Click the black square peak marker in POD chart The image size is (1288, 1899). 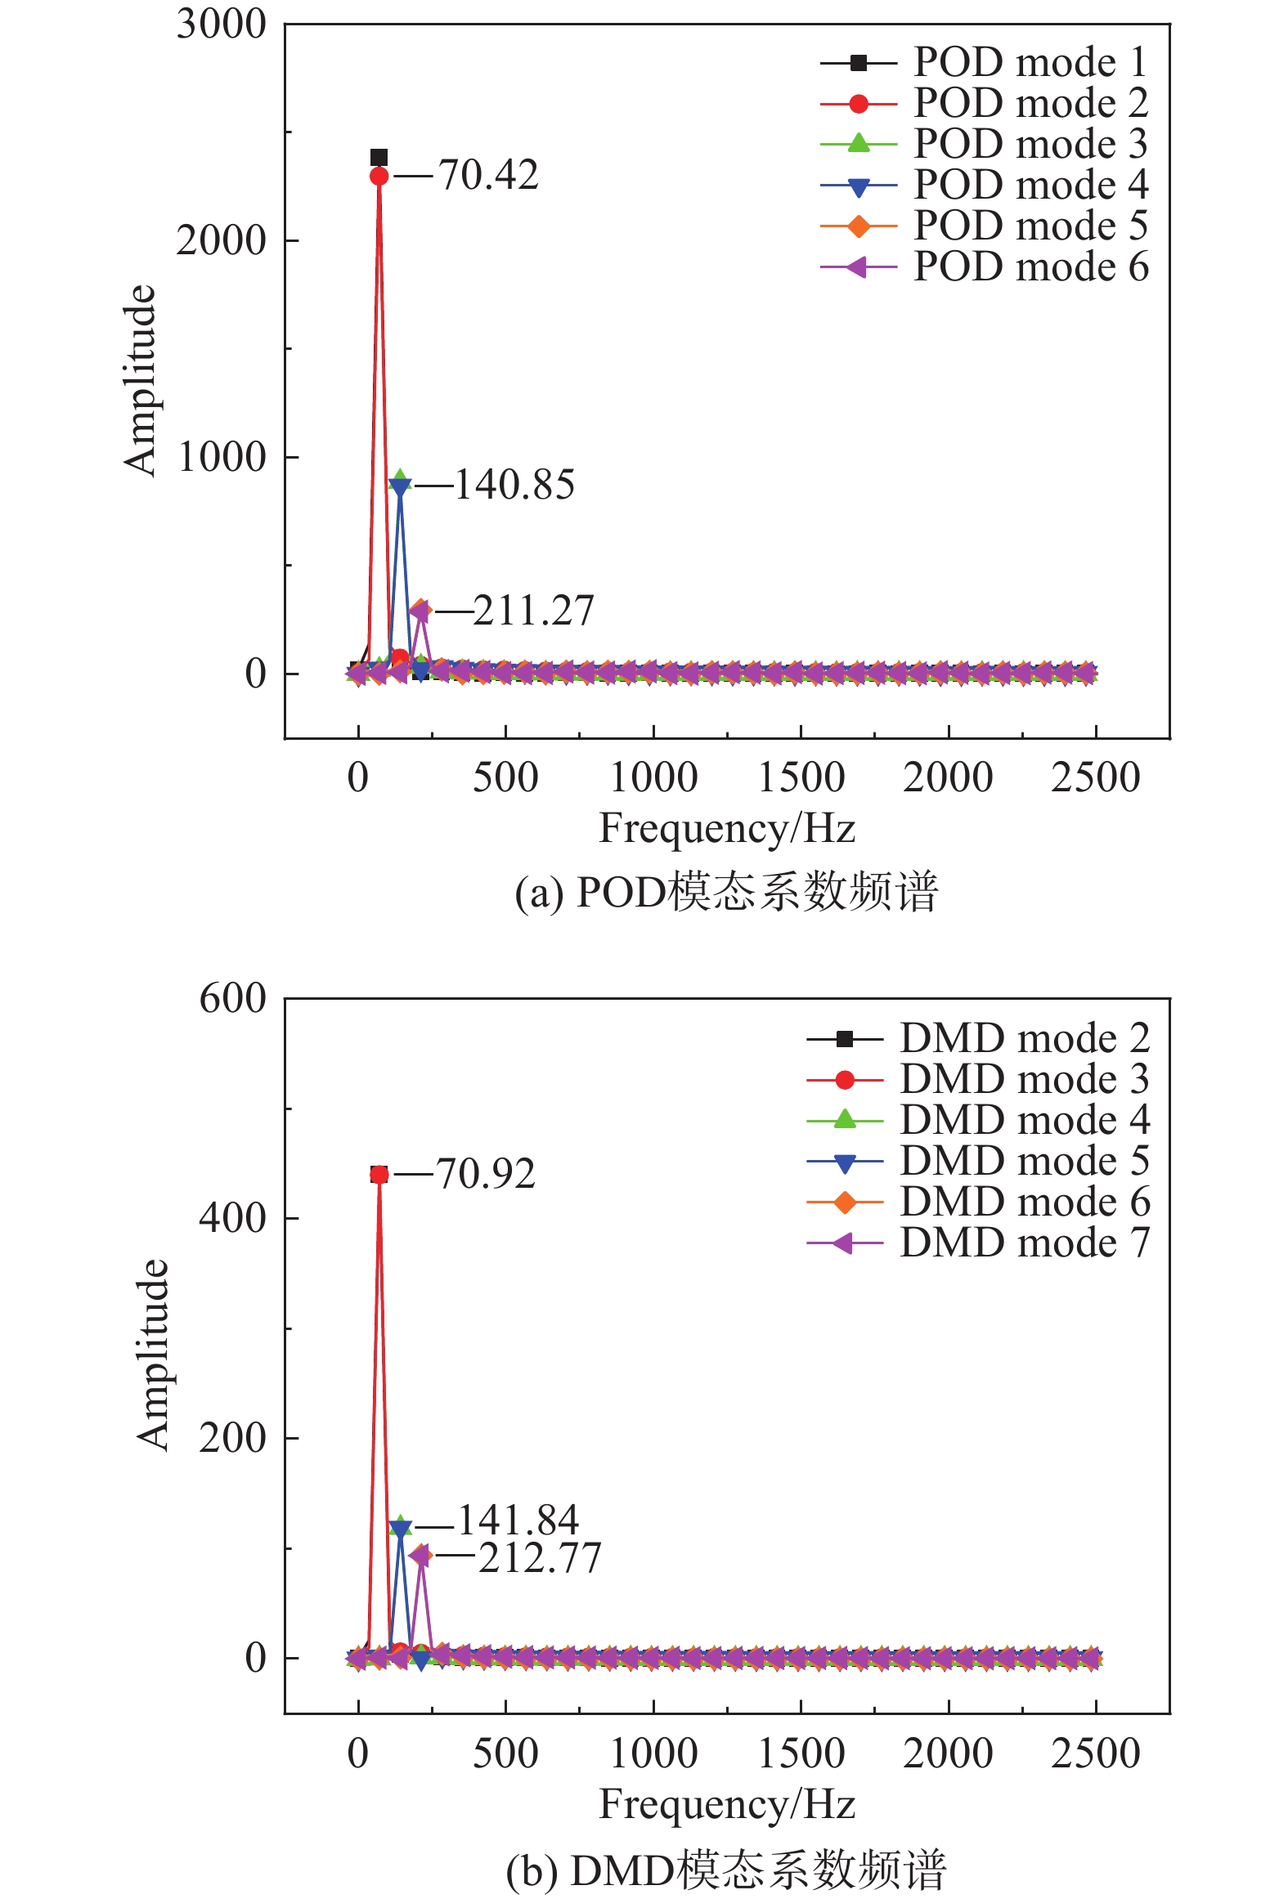click(379, 157)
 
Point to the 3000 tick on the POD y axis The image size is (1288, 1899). click(222, 25)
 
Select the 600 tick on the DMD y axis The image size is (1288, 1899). click(233, 999)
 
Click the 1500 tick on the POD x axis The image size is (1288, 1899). click(801, 777)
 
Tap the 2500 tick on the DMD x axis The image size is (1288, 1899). click(1095, 1753)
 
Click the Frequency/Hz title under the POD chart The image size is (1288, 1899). click(727, 828)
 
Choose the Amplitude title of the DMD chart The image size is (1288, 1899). click(153, 1355)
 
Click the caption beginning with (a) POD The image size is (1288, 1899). click(727, 892)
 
